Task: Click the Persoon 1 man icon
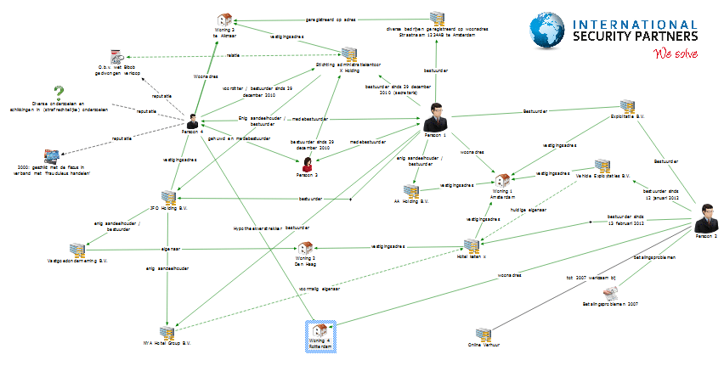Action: click(436, 116)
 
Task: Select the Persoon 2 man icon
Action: click(705, 220)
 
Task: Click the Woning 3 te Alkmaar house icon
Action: click(224, 20)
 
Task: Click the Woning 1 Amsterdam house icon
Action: click(504, 180)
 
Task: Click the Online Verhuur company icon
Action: click(483, 334)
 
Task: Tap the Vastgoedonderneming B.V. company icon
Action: click(79, 250)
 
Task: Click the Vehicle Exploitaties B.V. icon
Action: click(601, 166)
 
